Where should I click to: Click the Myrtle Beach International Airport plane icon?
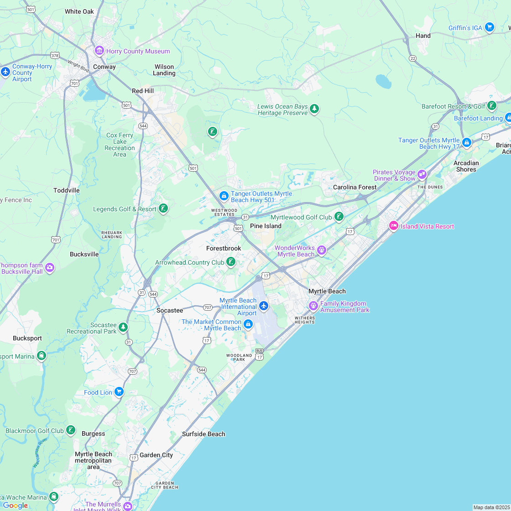coord(263,306)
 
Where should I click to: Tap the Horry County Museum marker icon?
coord(99,51)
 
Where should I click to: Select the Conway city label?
coord(104,67)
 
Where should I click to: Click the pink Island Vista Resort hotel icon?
coord(393,226)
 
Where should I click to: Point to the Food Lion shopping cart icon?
coord(119,391)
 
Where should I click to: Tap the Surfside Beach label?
coord(203,434)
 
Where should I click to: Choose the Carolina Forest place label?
coord(355,187)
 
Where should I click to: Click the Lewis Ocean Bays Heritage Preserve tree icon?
coord(314,109)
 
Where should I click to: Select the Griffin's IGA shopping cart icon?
coord(490,27)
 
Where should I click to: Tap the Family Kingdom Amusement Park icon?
coord(313,306)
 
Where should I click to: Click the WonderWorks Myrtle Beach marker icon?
coord(322,250)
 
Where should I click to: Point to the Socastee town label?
coord(170,310)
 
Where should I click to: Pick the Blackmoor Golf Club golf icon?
coord(71,430)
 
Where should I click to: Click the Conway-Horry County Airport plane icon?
coord(5,72)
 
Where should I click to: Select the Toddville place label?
coord(67,190)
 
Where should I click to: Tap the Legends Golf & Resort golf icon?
coord(163,209)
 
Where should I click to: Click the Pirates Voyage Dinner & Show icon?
coord(422,174)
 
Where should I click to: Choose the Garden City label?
coord(156,455)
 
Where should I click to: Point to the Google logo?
coord(15,505)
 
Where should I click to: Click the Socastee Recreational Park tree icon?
coord(123,327)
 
